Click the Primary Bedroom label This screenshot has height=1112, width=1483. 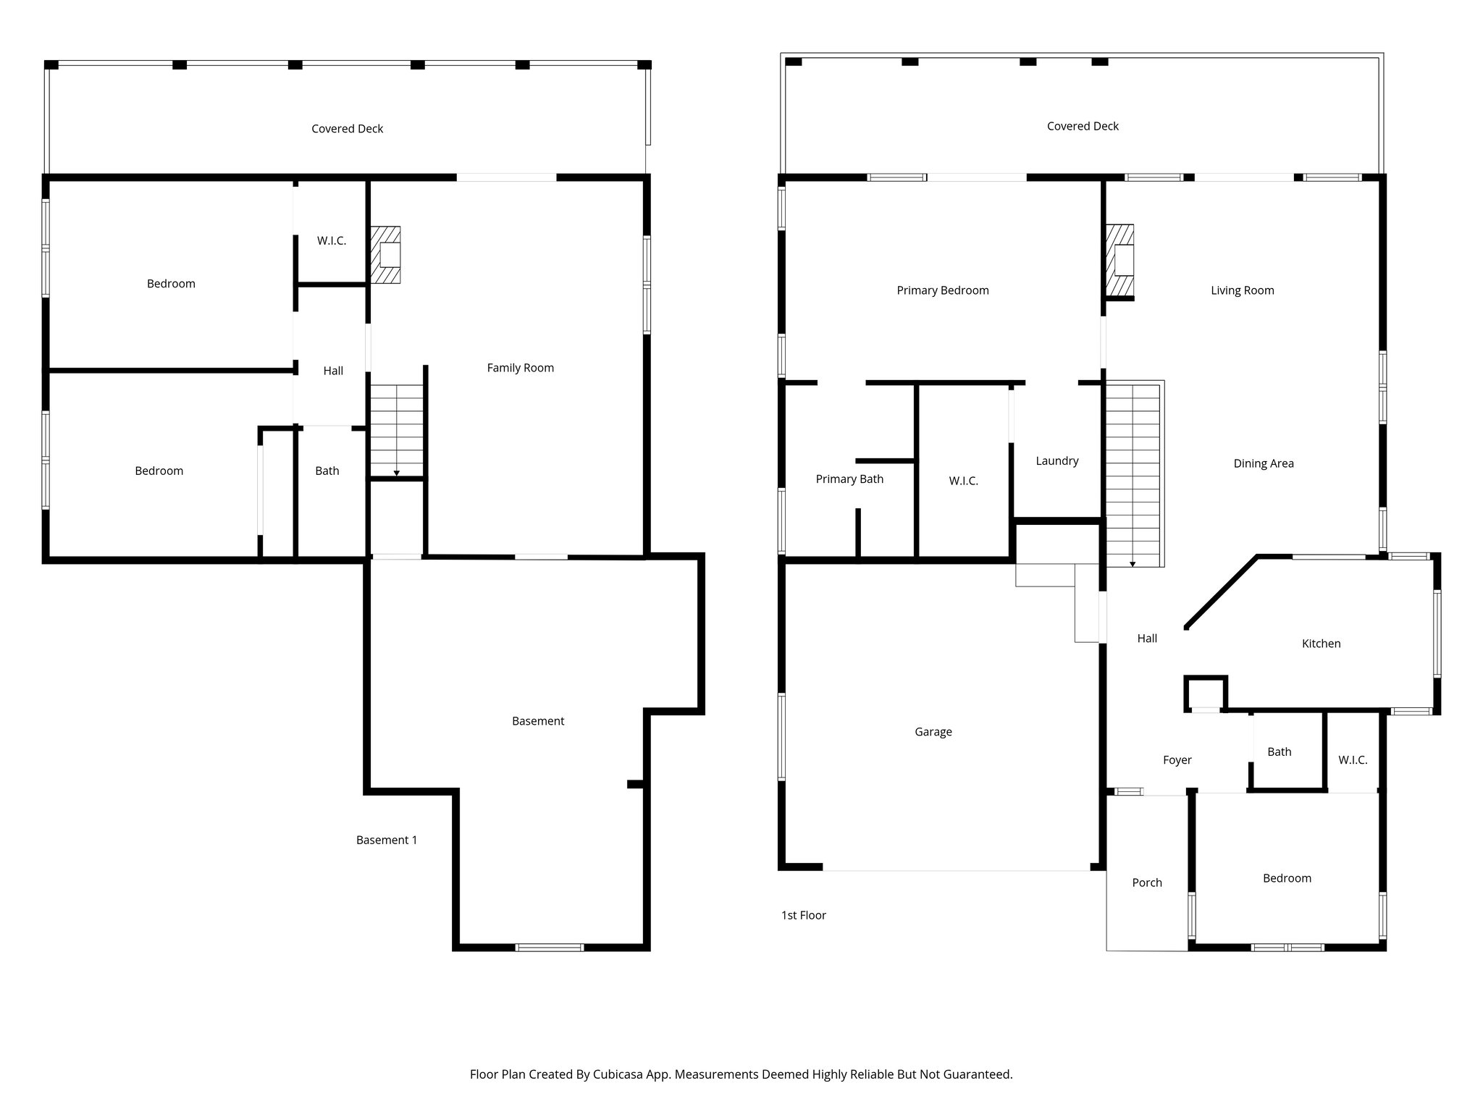point(942,290)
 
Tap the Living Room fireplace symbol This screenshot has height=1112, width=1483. point(1119,261)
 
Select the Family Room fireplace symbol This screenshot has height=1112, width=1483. point(386,255)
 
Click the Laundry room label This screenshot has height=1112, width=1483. point(1056,460)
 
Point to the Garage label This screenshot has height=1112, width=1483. point(933,732)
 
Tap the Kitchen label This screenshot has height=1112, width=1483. point(1321,644)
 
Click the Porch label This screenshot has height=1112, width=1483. point(1146,883)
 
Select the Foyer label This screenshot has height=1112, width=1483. point(1177,760)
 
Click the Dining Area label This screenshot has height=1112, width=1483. point(1263,463)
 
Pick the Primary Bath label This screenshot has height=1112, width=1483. point(849,479)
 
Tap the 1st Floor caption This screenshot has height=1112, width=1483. point(803,915)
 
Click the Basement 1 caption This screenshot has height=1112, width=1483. point(386,840)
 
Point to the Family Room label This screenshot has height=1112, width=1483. point(520,368)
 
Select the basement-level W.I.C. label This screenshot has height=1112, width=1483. point(331,240)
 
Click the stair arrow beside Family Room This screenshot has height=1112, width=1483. point(396,473)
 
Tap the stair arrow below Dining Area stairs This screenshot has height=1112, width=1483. point(1133,564)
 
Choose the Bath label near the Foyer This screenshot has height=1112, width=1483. point(1279,751)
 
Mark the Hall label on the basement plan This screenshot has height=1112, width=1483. point(333,371)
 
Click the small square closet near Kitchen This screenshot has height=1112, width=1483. point(1205,693)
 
